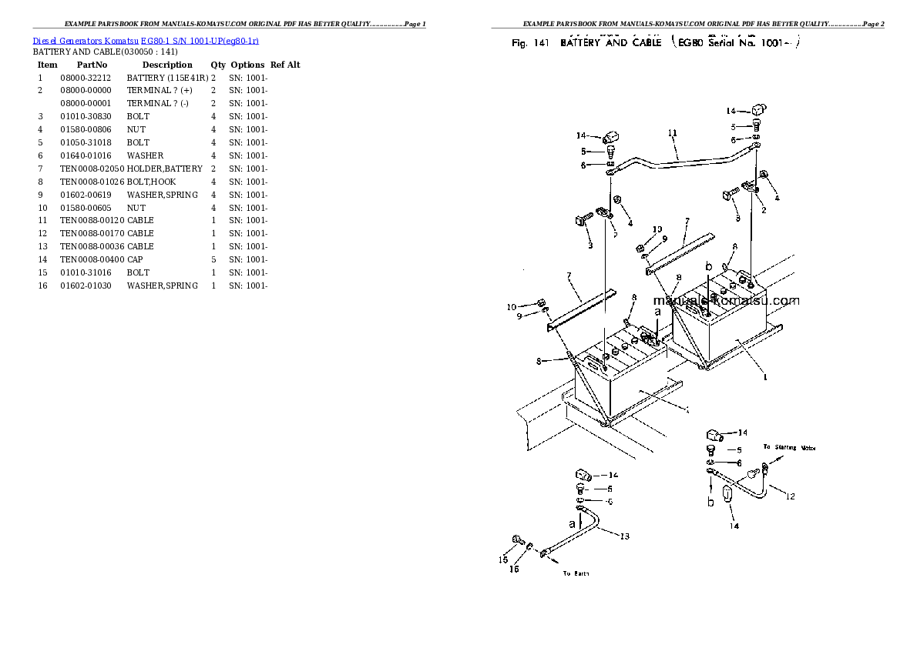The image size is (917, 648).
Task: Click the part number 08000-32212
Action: (86, 78)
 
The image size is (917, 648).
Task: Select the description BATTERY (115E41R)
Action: (167, 78)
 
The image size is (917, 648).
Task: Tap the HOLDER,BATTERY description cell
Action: (164, 169)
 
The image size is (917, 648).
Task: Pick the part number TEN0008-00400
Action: (92, 259)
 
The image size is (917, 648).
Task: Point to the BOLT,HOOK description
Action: (151, 182)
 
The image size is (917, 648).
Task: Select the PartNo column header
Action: (92, 65)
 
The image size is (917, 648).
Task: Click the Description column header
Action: (167, 65)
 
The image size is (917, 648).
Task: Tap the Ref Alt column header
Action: (285, 65)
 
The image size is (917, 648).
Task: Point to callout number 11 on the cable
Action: (672, 133)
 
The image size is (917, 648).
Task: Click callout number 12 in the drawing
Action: (790, 496)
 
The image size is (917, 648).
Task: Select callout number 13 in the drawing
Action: (624, 536)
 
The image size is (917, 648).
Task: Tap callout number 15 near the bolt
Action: (502, 559)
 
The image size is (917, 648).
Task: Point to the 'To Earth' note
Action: (576, 573)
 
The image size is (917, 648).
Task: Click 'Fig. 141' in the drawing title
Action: (530, 43)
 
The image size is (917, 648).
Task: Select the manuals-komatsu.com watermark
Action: (726, 301)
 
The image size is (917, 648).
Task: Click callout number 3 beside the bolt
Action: (590, 246)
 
